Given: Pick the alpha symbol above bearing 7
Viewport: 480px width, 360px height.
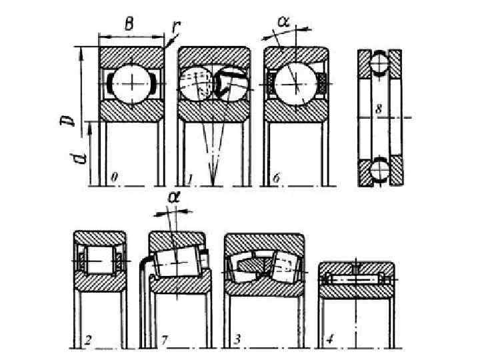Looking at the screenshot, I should pos(174,197).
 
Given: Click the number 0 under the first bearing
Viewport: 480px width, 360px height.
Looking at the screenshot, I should pos(115,178).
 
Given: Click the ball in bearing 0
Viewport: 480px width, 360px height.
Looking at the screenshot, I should pos(132,84).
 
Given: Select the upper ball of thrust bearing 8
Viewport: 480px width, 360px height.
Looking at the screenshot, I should pos(378,65).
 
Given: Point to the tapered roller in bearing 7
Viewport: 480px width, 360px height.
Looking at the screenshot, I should pos(175,264).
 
